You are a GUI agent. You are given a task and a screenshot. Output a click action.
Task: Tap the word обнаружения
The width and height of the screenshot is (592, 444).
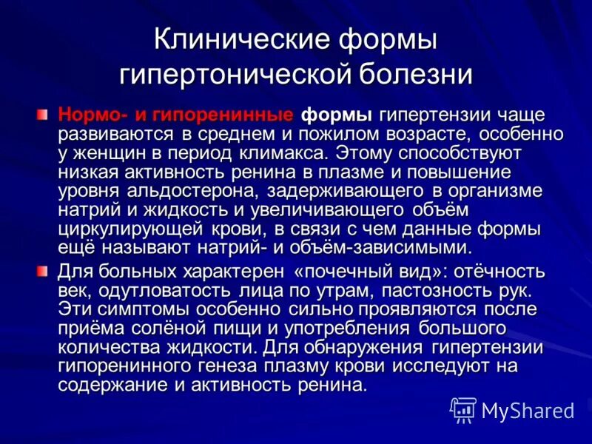click(351, 346)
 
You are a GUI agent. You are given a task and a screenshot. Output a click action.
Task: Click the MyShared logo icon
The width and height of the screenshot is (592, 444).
click(463, 409)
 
